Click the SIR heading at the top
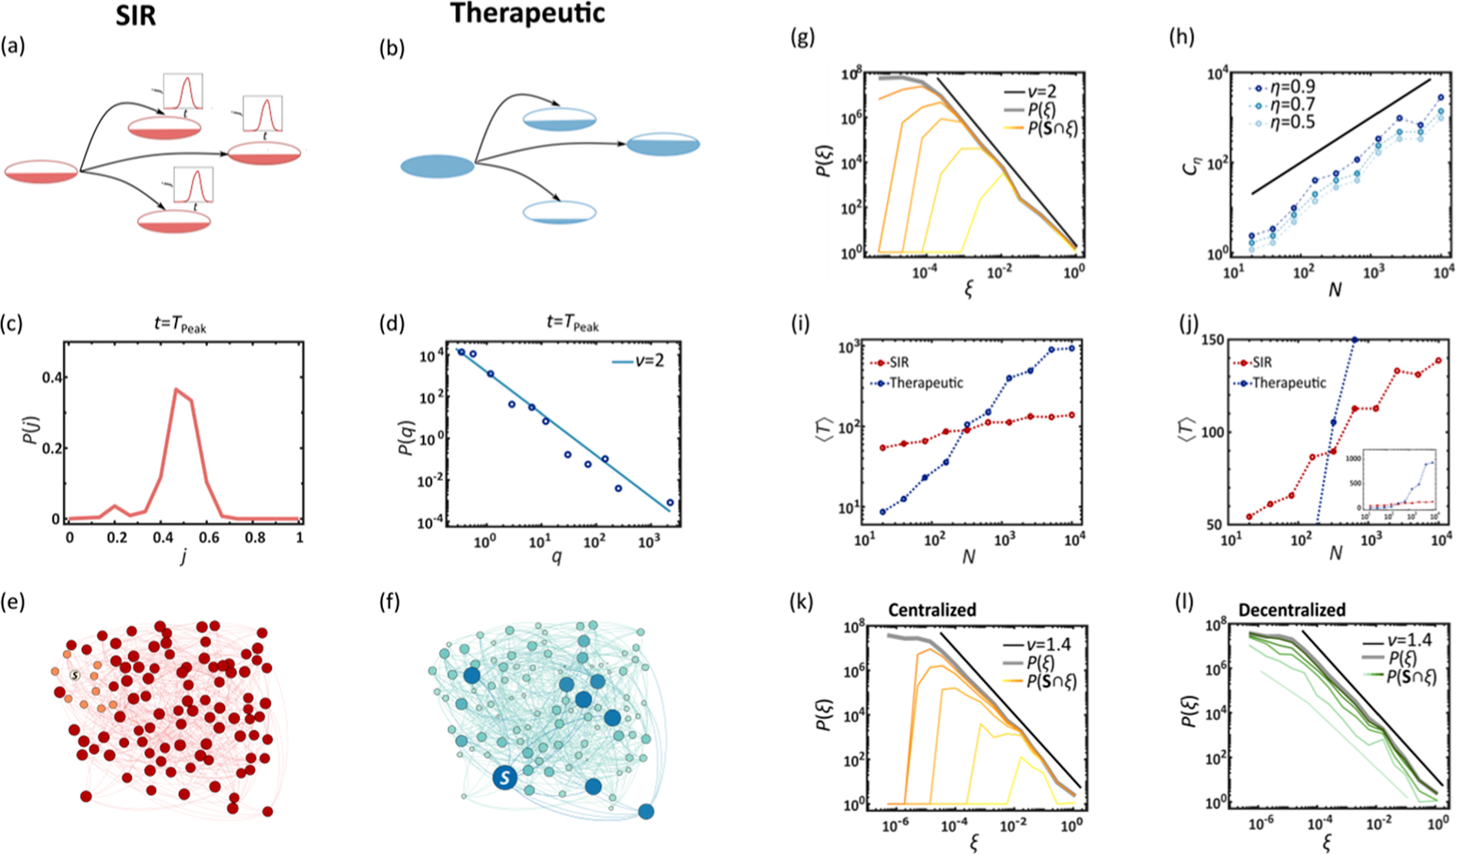tap(135, 15)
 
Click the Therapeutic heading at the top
tap(528, 13)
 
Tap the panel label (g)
tap(802, 37)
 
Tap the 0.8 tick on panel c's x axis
tap(255, 538)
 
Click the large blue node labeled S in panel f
tap(505, 778)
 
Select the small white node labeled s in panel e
tap(74, 675)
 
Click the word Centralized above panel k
tap(931, 610)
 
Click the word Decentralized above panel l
tap(1292, 610)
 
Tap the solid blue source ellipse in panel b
tap(437, 166)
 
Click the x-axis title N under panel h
tap(1335, 290)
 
